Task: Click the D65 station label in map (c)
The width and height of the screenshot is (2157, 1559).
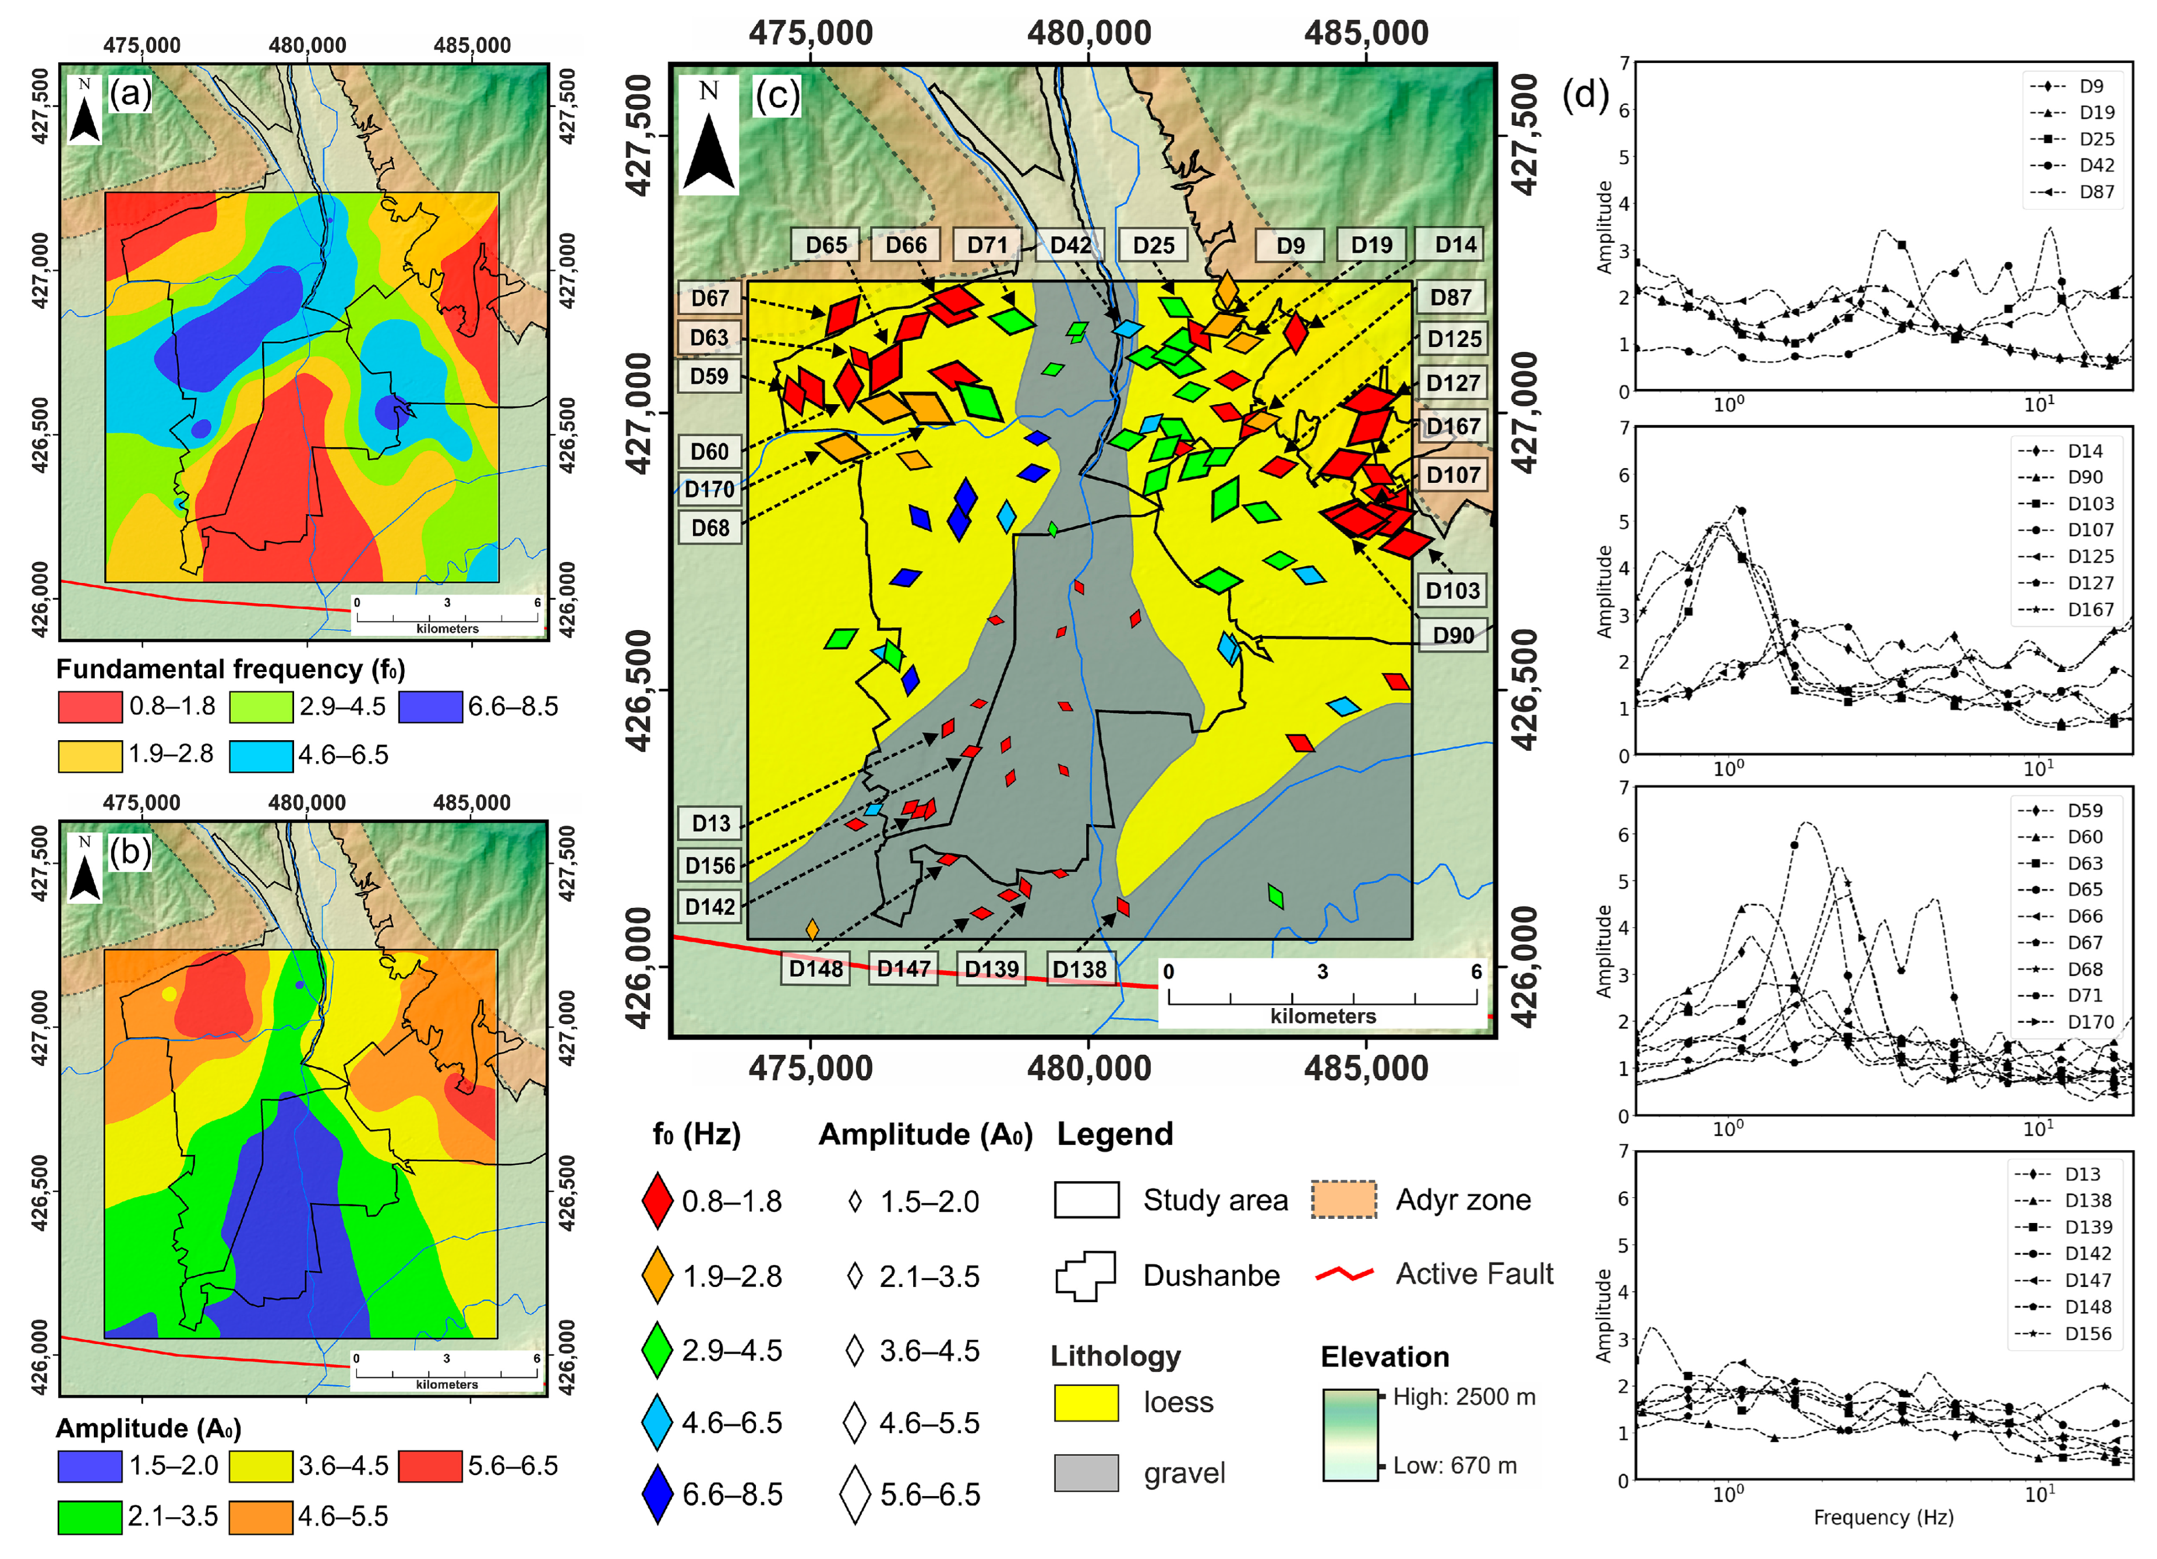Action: tap(826, 245)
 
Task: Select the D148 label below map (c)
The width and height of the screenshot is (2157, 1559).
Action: tap(816, 968)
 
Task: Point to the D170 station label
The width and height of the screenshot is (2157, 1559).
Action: tap(709, 489)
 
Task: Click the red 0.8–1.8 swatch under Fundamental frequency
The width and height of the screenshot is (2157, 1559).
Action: tap(90, 707)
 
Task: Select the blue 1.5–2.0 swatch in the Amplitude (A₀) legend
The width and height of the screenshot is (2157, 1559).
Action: tap(90, 1466)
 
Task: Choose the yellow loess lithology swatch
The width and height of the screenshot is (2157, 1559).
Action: tap(1086, 1403)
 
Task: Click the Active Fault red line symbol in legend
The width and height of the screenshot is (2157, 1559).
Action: tap(1344, 1274)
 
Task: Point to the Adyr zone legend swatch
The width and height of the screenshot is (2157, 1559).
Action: tap(1343, 1200)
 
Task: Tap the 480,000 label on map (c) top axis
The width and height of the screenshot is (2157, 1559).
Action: tap(1089, 33)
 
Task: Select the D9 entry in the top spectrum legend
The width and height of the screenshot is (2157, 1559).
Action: tap(2073, 86)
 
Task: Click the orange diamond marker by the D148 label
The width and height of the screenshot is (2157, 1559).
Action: tap(812, 929)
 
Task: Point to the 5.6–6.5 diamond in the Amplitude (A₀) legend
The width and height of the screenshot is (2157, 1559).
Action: tap(855, 1494)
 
